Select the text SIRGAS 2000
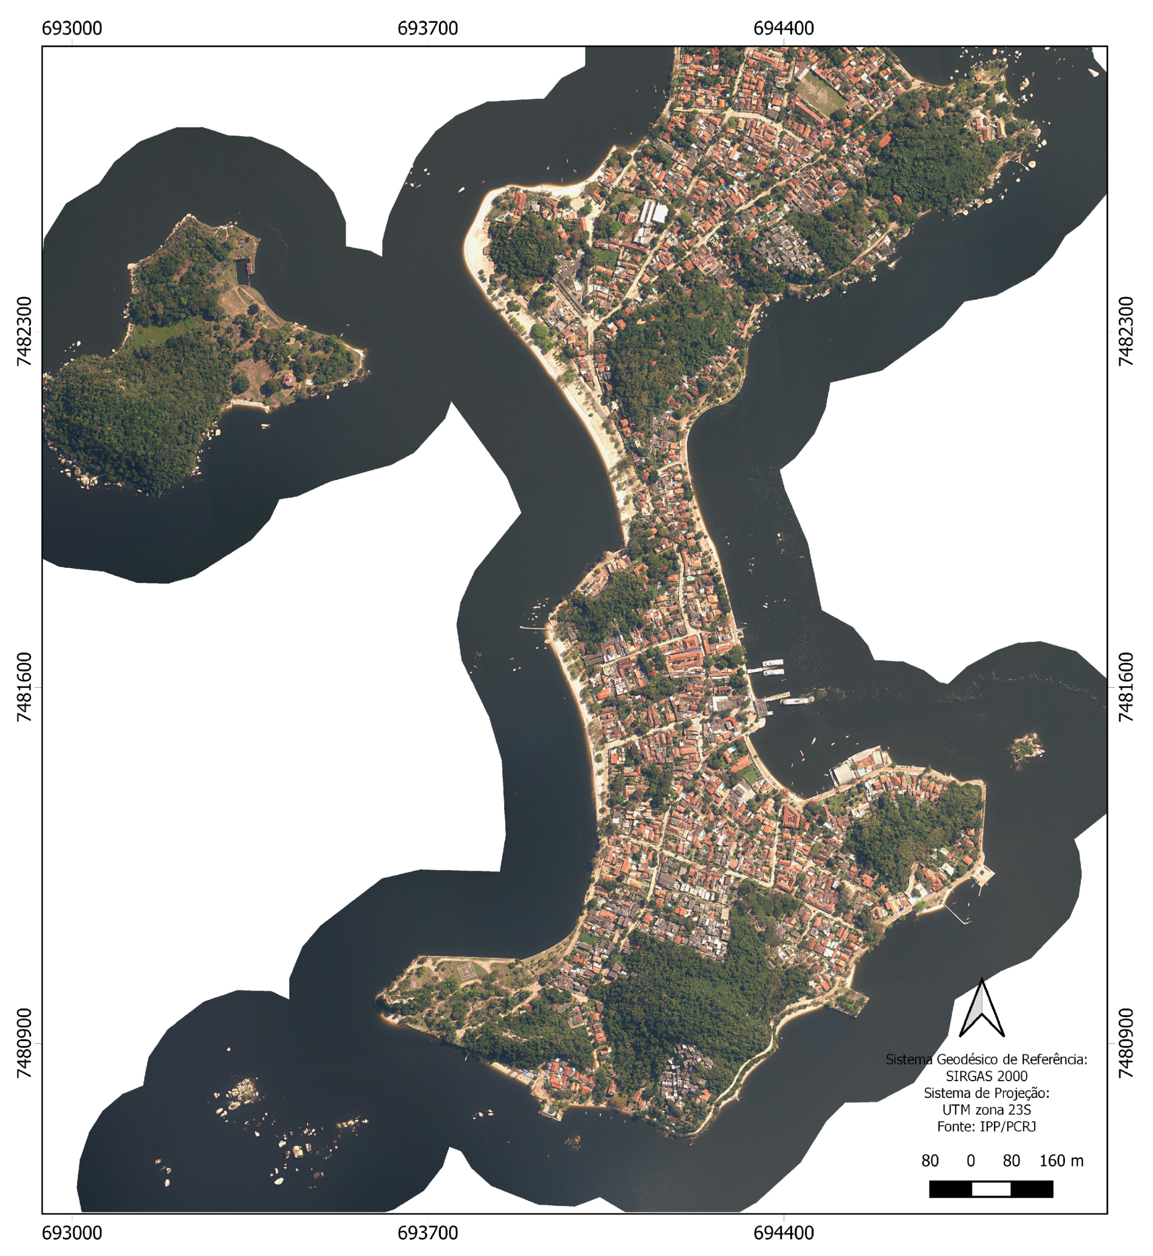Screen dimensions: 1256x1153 click(x=986, y=1076)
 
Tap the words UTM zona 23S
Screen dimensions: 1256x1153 click(x=986, y=1109)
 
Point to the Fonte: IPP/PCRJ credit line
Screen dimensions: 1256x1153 click(x=986, y=1126)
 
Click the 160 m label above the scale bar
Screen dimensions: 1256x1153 click(x=1061, y=1160)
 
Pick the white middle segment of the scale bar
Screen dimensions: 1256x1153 click(x=991, y=1189)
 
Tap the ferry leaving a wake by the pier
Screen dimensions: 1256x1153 click(x=797, y=700)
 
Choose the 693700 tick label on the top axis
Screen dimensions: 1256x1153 click(x=428, y=29)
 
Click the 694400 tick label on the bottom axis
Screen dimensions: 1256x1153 click(x=783, y=1233)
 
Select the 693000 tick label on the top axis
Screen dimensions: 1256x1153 click(x=72, y=29)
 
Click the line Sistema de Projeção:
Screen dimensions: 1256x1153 click(x=986, y=1093)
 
